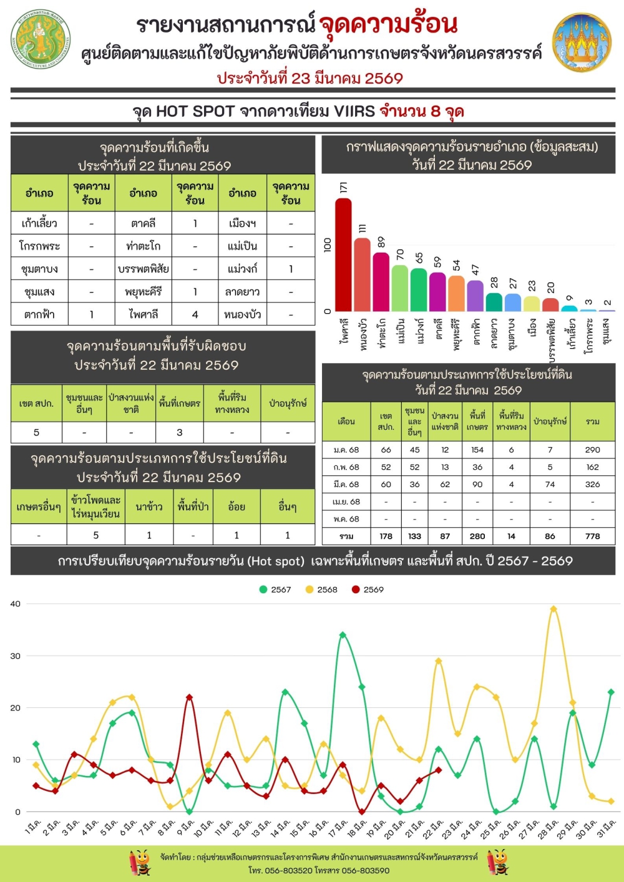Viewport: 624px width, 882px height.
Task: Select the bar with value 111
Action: pyautogui.click(x=362, y=274)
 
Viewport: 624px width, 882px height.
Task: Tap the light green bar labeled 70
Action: pyautogui.click(x=400, y=288)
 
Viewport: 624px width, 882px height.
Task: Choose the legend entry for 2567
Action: pyautogui.click(x=275, y=589)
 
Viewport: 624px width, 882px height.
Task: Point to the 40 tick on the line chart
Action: pyautogui.click(x=16, y=604)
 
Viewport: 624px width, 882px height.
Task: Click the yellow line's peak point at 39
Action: pyautogui.click(x=553, y=609)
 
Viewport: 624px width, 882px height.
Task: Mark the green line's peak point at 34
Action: pyautogui.click(x=343, y=635)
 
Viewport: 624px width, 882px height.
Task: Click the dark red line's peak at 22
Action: pyautogui.click(x=189, y=697)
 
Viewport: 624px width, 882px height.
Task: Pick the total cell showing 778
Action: pyautogui.click(x=592, y=536)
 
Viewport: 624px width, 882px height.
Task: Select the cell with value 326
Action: pyautogui.click(x=592, y=484)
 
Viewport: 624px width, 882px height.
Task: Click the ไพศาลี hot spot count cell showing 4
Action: pyautogui.click(x=195, y=314)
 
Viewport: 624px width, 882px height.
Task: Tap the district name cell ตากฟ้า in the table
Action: pyautogui.click(x=39, y=314)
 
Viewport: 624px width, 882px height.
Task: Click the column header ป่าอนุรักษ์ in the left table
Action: pyautogui.click(x=288, y=404)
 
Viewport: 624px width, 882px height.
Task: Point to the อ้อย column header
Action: pyautogui.click(x=236, y=506)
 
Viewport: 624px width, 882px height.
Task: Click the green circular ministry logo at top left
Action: pyautogui.click(x=41, y=39)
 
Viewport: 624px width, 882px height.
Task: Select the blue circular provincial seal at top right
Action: pyautogui.click(x=582, y=42)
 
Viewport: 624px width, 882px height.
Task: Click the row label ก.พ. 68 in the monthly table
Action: pyautogui.click(x=346, y=467)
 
